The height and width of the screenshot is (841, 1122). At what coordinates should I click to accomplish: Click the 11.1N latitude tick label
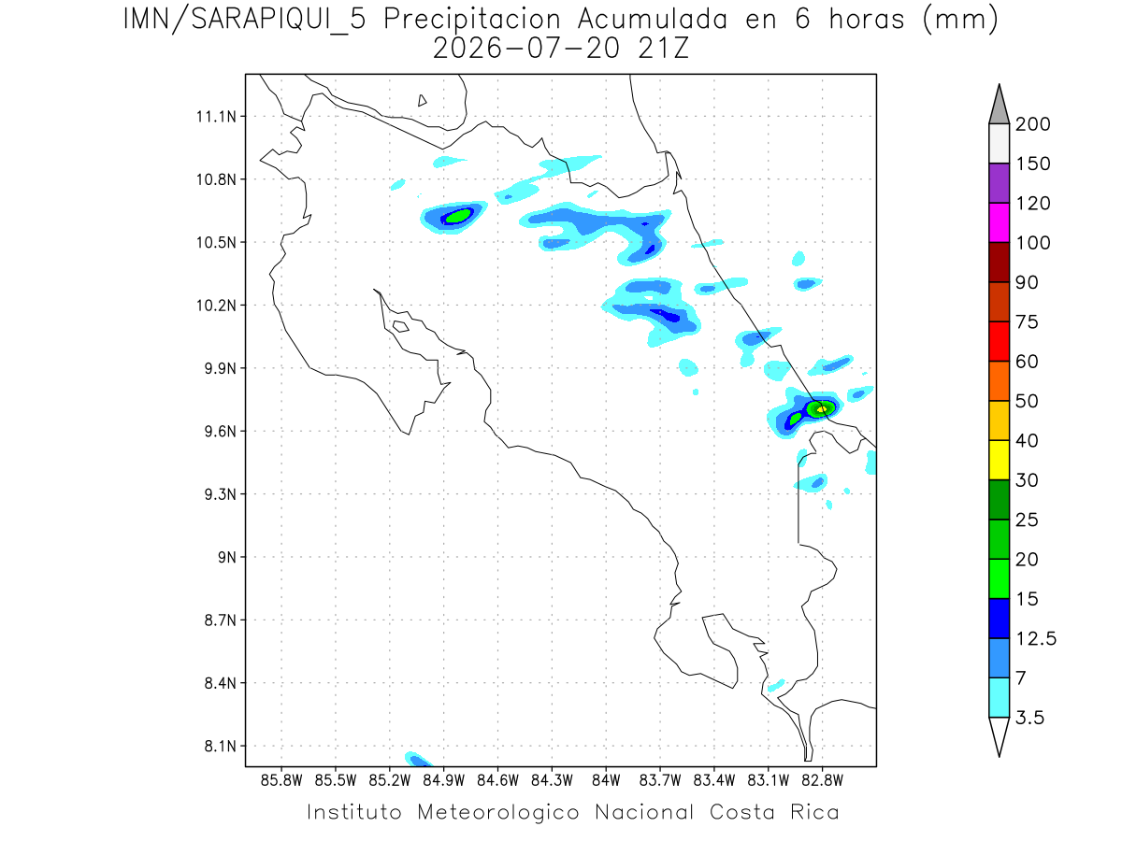216,117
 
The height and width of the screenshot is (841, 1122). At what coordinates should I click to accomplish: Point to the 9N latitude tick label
227,557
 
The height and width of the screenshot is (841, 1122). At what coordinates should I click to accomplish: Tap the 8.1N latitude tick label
221,746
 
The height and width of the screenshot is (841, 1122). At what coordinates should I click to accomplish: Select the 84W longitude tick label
606,780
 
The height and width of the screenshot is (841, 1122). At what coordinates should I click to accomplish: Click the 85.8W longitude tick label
281,780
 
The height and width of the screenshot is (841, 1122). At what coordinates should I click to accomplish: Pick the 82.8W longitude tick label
822,780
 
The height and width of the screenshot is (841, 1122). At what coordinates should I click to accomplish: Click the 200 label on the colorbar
1032,124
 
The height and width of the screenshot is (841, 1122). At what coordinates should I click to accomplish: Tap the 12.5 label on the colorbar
1036,638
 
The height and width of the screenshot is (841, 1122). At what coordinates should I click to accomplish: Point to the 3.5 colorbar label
1029,718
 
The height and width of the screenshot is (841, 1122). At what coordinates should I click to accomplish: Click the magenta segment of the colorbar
999,222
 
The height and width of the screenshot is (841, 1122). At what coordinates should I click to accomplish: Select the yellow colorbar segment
999,460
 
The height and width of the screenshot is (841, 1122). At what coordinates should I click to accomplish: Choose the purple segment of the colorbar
999,183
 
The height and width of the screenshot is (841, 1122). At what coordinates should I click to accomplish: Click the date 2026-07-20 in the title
526,49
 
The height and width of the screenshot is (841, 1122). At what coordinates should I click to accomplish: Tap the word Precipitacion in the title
472,21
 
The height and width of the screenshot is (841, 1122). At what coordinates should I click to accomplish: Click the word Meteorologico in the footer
498,812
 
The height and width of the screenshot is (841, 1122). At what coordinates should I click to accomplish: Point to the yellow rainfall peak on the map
822,409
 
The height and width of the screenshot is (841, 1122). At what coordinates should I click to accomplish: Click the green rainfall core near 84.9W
458,216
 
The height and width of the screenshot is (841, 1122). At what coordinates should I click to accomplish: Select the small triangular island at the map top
421,101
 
